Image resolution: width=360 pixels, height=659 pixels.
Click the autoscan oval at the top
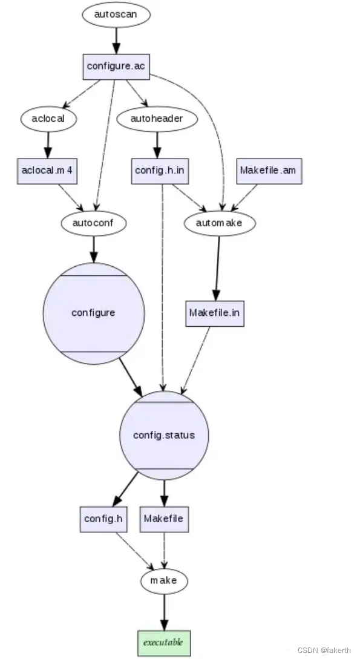point(116,14)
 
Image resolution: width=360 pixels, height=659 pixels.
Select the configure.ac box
point(116,66)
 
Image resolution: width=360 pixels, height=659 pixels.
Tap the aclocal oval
point(48,119)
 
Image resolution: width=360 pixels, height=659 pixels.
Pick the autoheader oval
point(157,119)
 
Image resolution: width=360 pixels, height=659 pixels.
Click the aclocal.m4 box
point(48,171)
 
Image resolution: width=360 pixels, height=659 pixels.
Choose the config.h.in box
point(160,171)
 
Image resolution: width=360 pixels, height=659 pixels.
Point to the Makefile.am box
point(268,171)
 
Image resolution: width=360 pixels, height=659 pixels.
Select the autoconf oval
point(94,223)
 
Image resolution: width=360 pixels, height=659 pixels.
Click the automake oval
point(219,223)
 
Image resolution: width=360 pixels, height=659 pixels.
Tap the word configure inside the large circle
point(93,313)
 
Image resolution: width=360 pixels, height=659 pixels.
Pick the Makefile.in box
point(215,313)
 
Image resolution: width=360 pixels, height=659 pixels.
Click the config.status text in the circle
point(164,435)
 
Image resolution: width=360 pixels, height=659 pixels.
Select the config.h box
point(103,519)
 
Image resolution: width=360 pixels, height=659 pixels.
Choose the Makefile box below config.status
point(163,519)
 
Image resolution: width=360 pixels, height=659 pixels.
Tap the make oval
point(164,580)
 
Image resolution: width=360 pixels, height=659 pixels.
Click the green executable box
point(163,640)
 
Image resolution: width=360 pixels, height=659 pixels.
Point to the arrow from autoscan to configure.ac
point(116,41)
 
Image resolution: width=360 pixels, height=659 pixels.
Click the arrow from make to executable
point(164,611)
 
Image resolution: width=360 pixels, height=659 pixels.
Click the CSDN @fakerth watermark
point(324,649)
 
